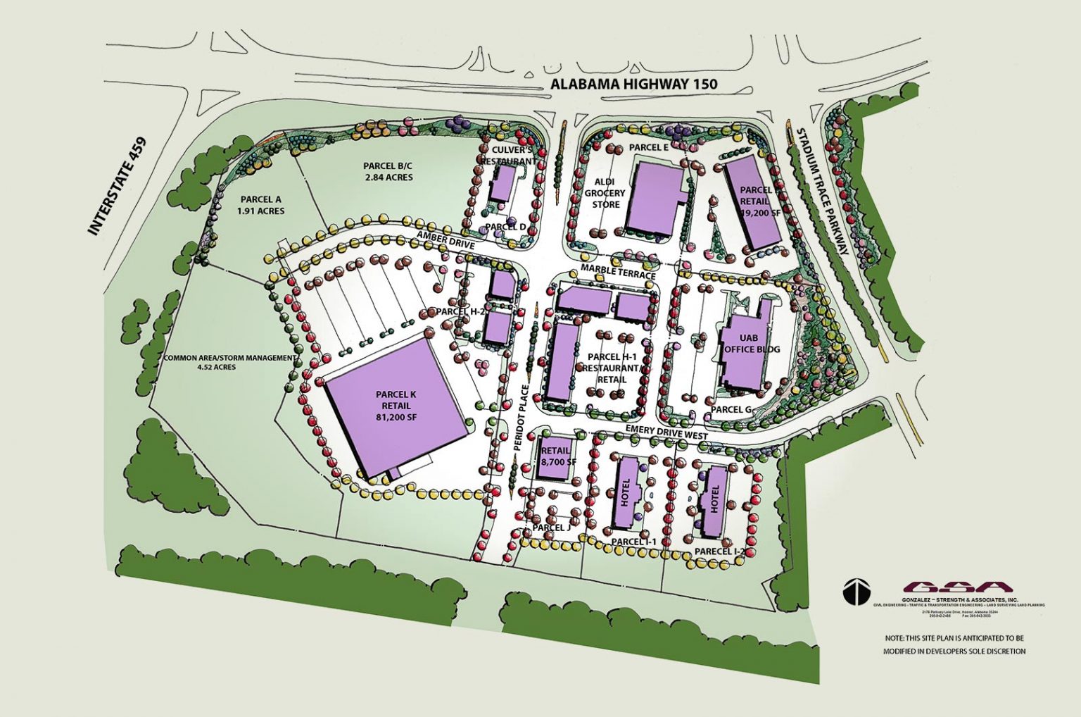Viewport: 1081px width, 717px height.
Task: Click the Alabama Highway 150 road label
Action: pos(633,84)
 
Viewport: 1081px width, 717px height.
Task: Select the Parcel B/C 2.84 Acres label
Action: pos(388,171)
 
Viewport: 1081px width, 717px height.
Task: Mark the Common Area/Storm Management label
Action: pos(229,362)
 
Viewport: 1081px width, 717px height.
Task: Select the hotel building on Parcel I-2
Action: pos(714,499)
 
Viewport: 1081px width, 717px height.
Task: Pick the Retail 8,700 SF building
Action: pos(555,456)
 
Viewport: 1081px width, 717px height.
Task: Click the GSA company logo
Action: pos(958,587)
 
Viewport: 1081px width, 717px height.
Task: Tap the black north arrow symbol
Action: pos(856,592)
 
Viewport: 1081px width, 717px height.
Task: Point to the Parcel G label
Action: pos(731,409)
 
